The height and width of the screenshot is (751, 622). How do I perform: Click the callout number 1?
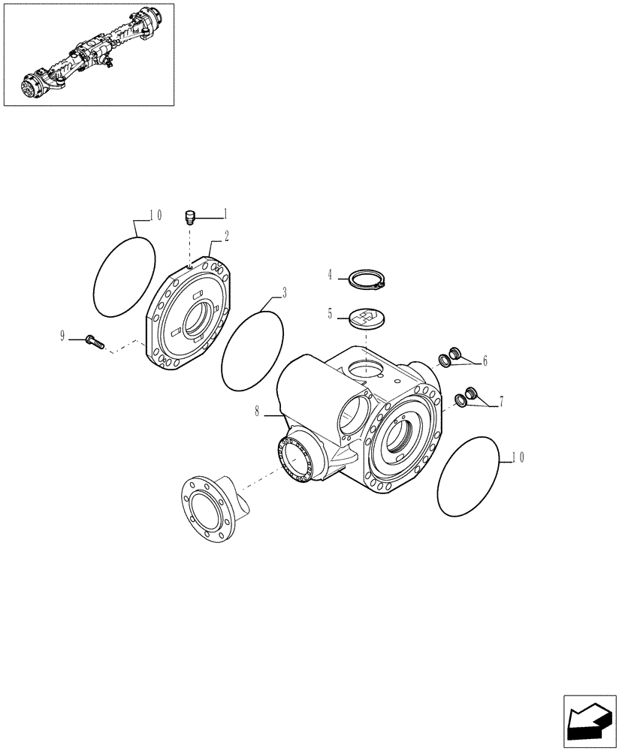click(x=225, y=215)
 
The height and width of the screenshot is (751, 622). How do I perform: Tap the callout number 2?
click(x=226, y=235)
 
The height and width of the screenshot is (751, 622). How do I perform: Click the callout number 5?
click(x=329, y=314)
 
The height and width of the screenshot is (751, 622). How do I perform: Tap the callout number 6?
click(x=485, y=361)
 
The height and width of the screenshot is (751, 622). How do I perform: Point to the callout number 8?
click(x=258, y=411)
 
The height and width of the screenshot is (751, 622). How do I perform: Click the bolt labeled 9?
click(x=93, y=342)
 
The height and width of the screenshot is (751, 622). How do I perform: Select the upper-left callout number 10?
click(x=155, y=215)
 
